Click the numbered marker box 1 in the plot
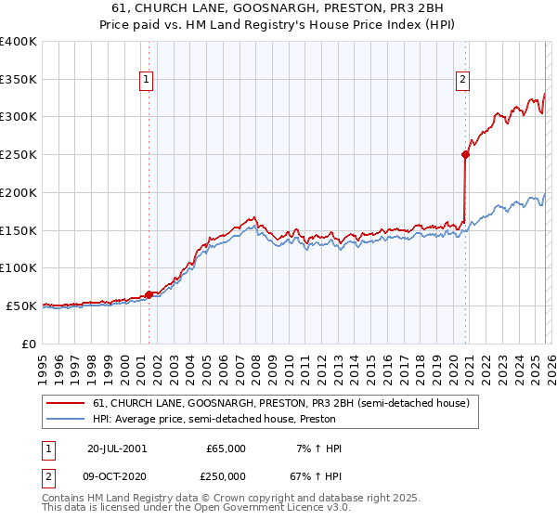[x=148, y=81]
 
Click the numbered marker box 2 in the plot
[x=462, y=81]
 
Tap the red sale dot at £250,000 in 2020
[x=465, y=155]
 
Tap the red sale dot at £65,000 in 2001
[x=149, y=294]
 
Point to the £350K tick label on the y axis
[x=19, y=80]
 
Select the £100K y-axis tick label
[x=19, y=268]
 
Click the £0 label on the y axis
[x=29, y=344]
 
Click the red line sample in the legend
[x=66, y=403]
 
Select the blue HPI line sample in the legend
[x=66, y=419]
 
